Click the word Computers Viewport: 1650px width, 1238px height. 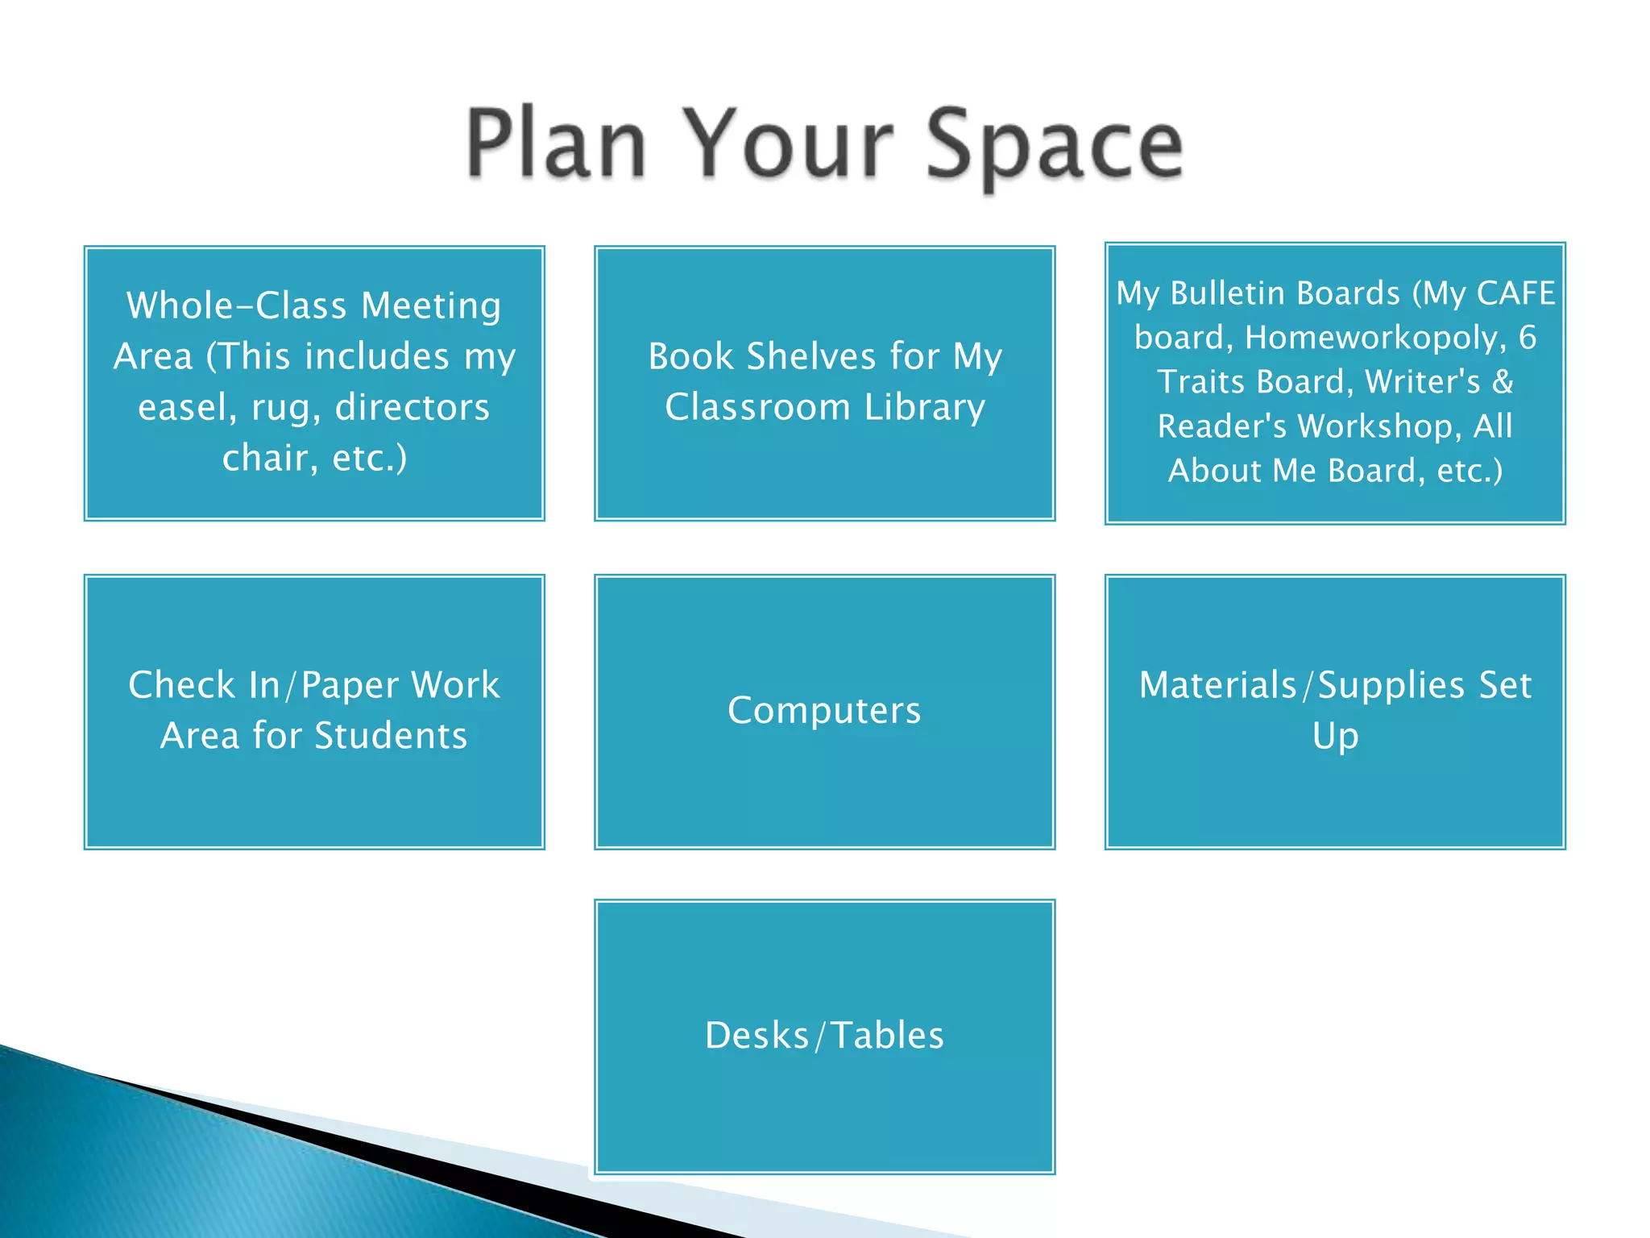[x=824, y=710]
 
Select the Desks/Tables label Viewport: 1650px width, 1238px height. [x=824, y=1035]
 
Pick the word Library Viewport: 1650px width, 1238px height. [x=925, y=407]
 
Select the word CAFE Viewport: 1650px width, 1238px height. [x=1515, y=293]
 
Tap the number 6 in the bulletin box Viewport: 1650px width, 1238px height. [x=1528, y=338]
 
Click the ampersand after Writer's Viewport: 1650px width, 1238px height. [x=1503, y=382]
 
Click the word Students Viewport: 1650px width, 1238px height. [x=391, y=736]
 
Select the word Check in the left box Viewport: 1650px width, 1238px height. [x=181, y=685]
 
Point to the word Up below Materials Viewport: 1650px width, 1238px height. [x=1335, y=736]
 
